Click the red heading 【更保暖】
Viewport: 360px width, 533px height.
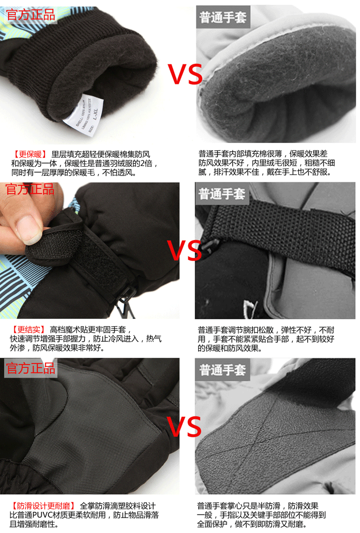[29, 154]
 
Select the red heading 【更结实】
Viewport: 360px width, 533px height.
[29, 330]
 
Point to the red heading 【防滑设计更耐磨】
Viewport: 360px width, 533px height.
[43, 506]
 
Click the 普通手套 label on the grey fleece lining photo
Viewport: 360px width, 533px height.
[223, 18]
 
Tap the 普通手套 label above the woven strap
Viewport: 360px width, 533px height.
[223, 194]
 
